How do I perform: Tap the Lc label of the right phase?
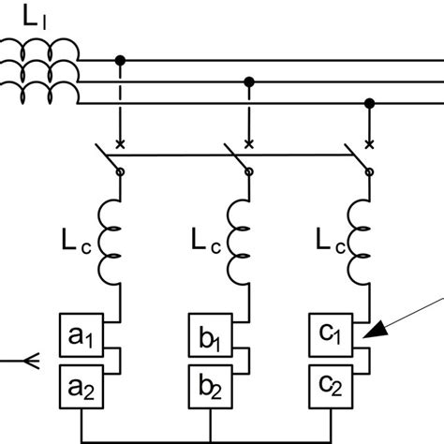[327, 244]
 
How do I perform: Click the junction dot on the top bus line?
[120, 60]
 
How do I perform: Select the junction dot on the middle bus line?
[248, 81]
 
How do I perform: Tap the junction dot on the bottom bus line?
[370, 103]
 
